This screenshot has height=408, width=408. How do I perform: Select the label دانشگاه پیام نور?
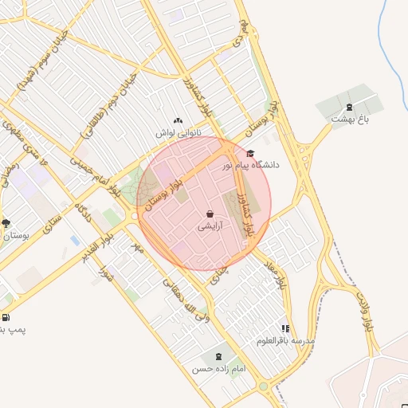(x=254, y=165)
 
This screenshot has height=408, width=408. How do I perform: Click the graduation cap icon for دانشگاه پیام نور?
(x=250, y=154)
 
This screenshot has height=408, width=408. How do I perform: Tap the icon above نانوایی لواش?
(x=177, y=121)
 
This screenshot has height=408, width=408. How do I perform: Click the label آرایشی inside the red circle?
(x=210, y=226)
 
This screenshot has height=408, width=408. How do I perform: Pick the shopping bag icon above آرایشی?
(x=210, y=214)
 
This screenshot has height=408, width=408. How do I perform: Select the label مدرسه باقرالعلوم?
(x=285, y=340)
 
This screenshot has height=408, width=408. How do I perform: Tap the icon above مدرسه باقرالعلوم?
(x=285, y=328)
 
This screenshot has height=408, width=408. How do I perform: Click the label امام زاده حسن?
(x=218, y=370)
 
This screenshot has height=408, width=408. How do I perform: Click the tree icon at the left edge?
(x=6, y=224)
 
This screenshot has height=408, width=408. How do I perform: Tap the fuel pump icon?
(x=6, y=317)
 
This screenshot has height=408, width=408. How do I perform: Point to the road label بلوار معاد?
(x=280, y=274)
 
